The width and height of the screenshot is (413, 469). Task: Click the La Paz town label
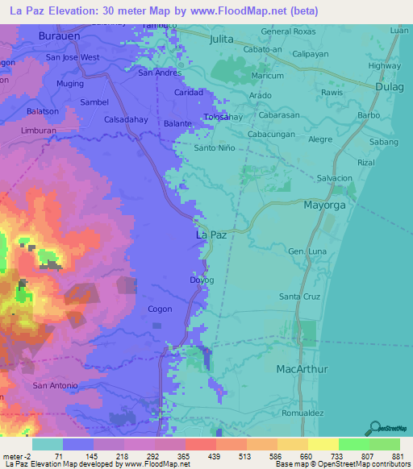212,234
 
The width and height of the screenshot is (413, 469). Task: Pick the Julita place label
221,38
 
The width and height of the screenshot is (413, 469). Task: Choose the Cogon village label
160,309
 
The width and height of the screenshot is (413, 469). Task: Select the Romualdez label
326,413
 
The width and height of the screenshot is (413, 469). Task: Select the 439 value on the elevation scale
215,455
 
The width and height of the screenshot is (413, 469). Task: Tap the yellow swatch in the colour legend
323,444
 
